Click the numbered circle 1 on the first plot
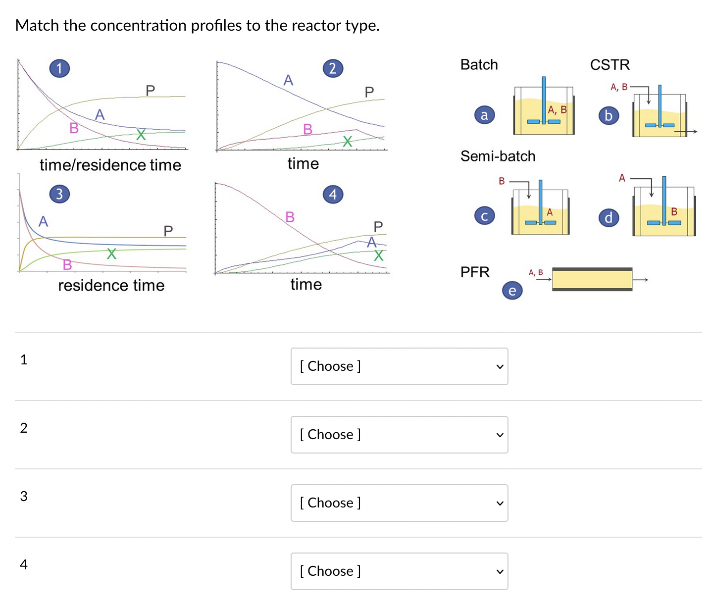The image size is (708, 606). coord(59,68)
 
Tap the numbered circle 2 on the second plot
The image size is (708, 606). coord(333,68)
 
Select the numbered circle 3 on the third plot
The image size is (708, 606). coord(59,194)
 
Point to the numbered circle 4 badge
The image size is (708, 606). coord(333,194)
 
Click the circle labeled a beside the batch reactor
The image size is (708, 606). coord(484,115)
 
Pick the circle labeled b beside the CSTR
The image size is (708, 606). coord(608,115)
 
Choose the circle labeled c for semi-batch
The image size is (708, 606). coord(484,216)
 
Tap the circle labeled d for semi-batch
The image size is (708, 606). coord(608,217)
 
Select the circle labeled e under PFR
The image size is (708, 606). coord(512,291)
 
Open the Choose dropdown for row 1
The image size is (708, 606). coord(399,366)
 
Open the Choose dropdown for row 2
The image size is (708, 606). coord(399,435)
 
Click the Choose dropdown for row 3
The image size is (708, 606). coord(399,503)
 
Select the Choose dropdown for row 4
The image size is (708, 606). coord(399,571)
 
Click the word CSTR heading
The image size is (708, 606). coord(609,65)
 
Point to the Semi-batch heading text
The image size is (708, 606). coord(498,156)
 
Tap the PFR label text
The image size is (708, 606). coord(474,272)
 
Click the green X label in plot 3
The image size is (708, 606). coord(112,254)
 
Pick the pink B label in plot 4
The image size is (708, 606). coord(290,217)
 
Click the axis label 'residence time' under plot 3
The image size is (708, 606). coord(111,285)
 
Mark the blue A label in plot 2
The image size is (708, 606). coord(288,80)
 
